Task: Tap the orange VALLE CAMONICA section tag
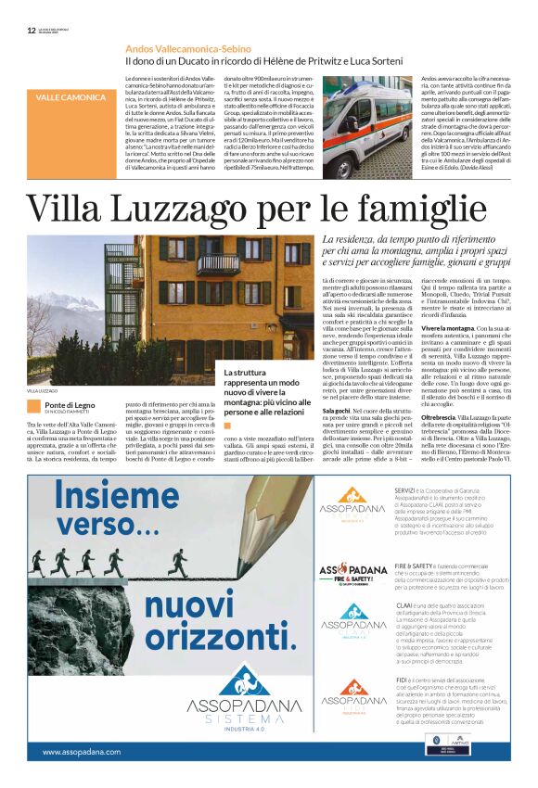tap(70, 97)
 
